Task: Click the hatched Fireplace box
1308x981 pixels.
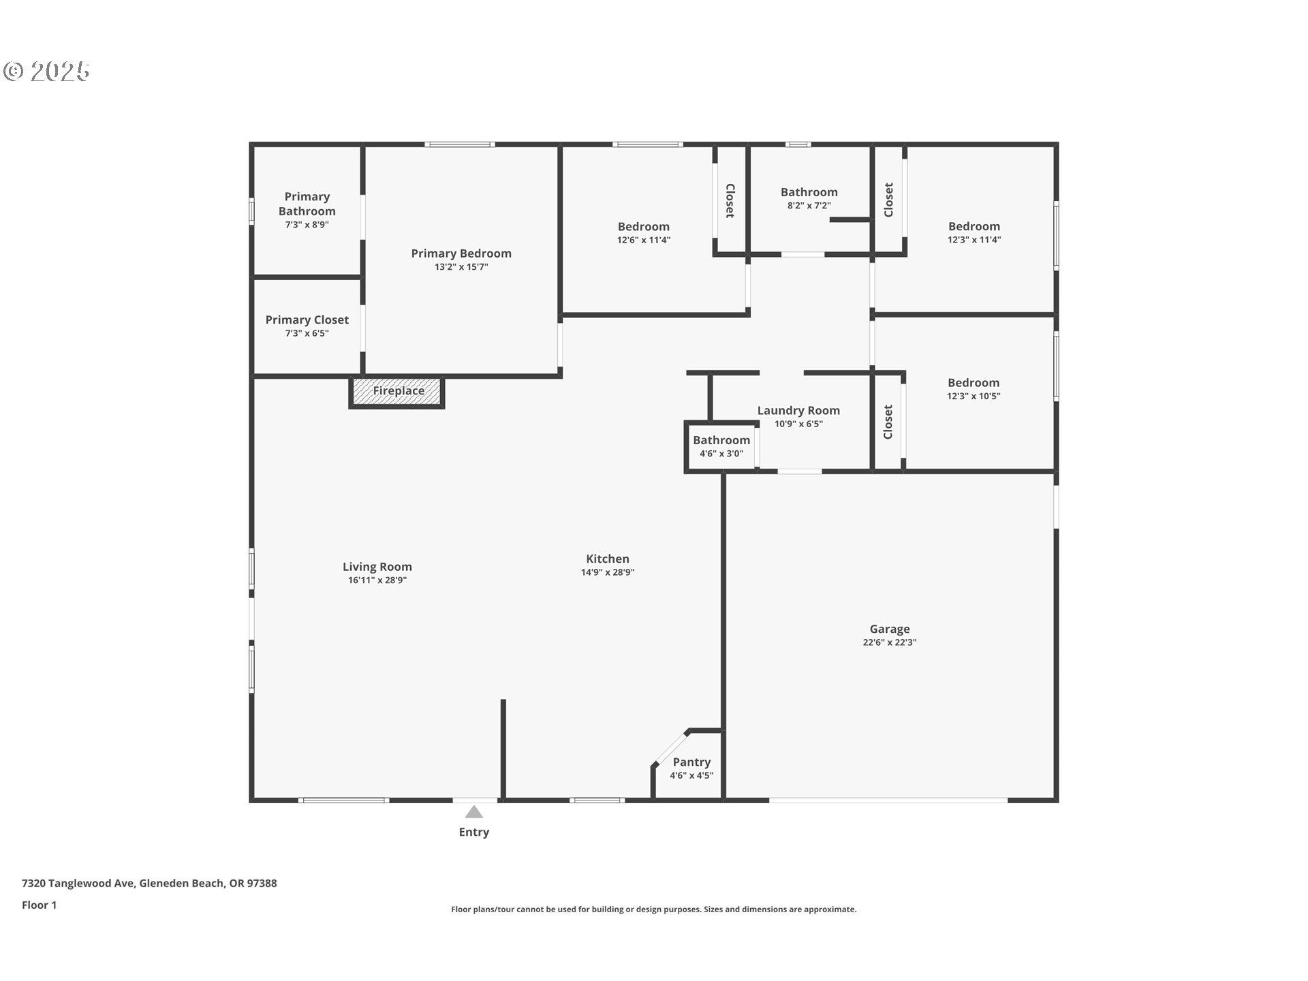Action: tap(397, 392)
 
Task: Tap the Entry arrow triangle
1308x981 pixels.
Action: tap(474, 812)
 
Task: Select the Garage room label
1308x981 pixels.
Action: tap(889, 629)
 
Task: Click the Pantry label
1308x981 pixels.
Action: tap(691, 762)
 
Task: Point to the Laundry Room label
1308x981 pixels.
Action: tap(798, 410)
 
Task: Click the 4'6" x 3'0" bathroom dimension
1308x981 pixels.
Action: tap(721, 454)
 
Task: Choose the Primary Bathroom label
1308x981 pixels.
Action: tap(307, 204)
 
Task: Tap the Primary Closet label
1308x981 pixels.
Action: tap(307, 320)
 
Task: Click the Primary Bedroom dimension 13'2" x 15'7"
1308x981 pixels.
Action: tap(461, 267)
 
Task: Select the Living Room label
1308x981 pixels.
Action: tap(377, 566)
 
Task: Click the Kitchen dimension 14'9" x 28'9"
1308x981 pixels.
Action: tap(607, 572)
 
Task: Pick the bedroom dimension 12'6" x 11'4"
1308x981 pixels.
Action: tap(643, 240)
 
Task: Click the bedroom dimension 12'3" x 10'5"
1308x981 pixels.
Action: tap(973, 396)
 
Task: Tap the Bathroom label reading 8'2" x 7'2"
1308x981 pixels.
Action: tap(809, 192)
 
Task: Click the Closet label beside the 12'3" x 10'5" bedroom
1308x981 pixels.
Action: tap(888, 422)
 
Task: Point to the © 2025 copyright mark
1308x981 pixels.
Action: tap(46, 72)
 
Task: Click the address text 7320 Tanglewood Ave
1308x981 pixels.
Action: tap(78, 883)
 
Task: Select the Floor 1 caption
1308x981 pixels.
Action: tap(39, 905)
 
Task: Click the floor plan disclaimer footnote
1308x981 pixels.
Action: tap(653, 909)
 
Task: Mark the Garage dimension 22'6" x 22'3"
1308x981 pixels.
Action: tap(889, 642)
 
